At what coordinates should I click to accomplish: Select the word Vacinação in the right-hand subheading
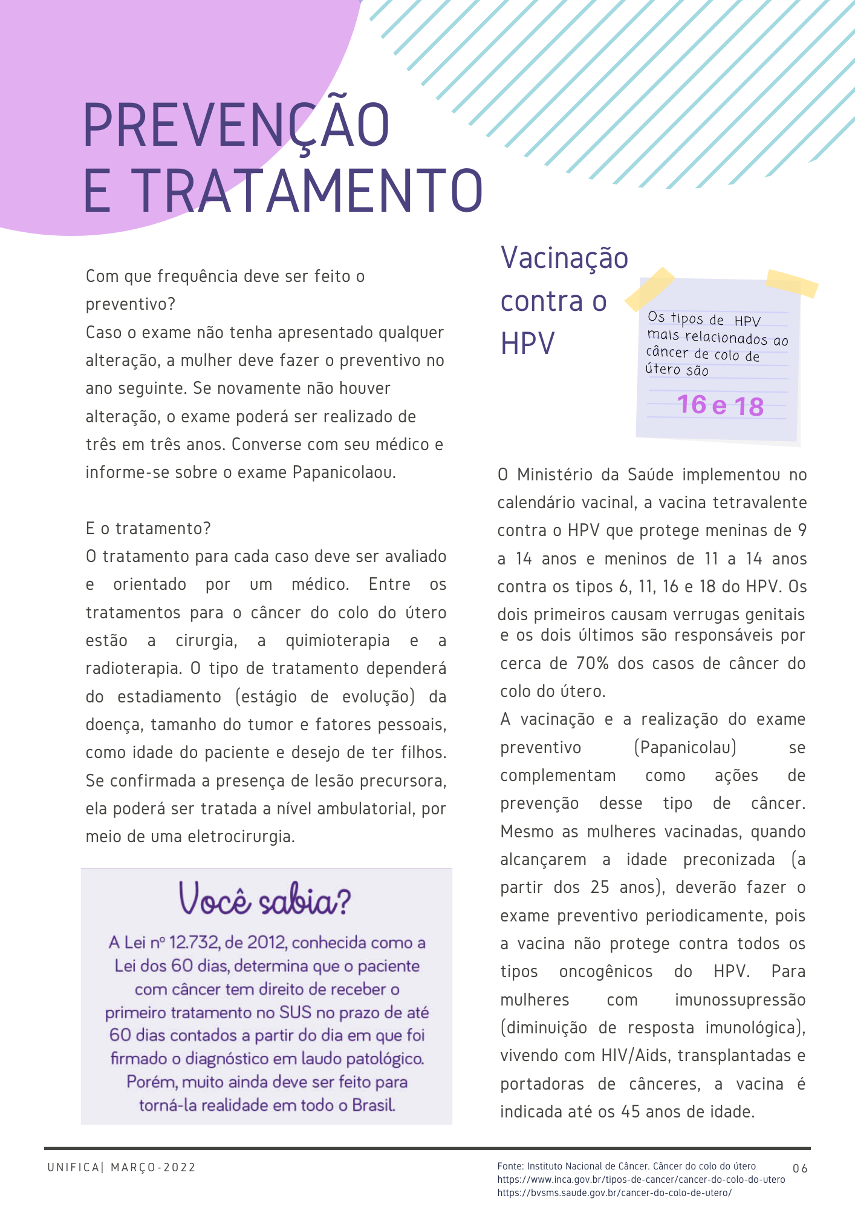pyautogui.click(x=565, y=258)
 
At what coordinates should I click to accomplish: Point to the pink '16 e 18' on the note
pyautogui.click(x=720, y=405)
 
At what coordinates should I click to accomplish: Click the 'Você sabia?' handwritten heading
pyautogui.click(x=265, y=900)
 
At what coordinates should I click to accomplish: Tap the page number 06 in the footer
pyautogui.click(x=800, y=1168)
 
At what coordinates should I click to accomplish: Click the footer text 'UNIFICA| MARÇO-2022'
pyautogui.click(x=122, y=1168)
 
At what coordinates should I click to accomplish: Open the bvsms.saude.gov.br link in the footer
pyautogui.click(x=614, y=1193)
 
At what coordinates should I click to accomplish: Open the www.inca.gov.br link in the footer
pyautogui.click(x=641, y=1180)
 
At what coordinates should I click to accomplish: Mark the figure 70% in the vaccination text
pyautogui.click(x=592, y=664)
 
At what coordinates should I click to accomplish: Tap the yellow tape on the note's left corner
pyautogui.click(x=650, y=289)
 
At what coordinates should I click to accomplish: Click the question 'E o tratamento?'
pyautogui.click(x=148, y=529)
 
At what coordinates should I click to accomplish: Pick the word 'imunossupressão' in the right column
pyautogui.click(x=740, y=1000)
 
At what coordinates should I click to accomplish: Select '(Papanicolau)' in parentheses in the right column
pyautogui.click(x=685, y=748)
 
